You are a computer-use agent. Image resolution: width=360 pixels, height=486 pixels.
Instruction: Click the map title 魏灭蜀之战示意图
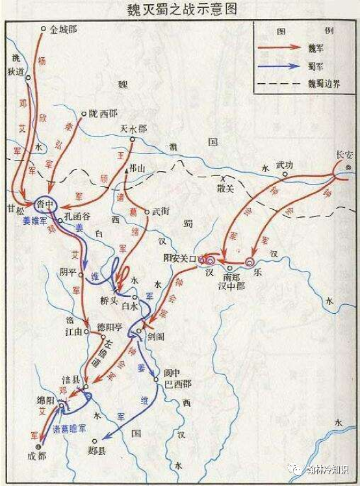(x=180, y=9)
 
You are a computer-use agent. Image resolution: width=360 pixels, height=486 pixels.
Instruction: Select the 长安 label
(x=343, y=155)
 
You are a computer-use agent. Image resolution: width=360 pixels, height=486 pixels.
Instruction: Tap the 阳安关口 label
(x=179, y=258)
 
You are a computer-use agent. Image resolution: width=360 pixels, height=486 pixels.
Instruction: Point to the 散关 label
(x=225, y=188)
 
